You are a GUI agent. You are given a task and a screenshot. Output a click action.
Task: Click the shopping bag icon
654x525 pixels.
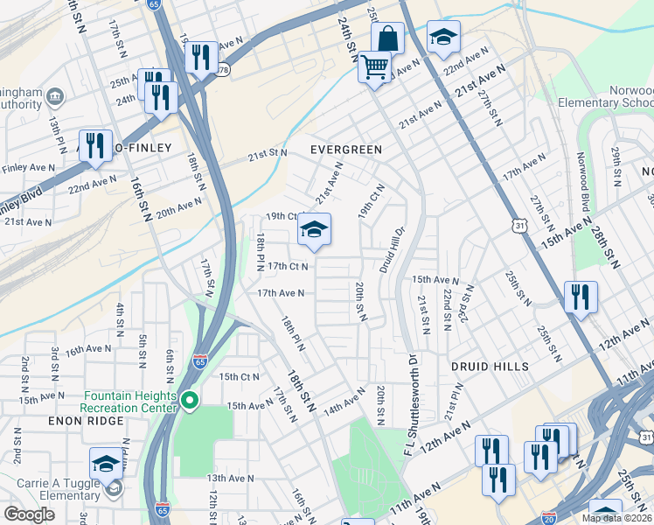click(x=387, y=39)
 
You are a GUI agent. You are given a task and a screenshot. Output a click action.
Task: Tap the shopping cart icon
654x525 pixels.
click(x=374, y=66)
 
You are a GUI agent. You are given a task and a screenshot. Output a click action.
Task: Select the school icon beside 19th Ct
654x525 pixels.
click(x=314, y=231)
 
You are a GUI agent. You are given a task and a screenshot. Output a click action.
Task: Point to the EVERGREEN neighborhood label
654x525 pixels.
click(x=347, y=150)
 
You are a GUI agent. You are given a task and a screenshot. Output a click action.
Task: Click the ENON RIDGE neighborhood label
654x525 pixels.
click(x=36, y=422)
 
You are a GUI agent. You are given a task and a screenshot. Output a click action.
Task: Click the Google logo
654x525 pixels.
click(x=29, y=514)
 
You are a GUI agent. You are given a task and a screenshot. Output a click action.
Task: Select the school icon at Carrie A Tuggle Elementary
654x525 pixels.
click(x=107, y=465)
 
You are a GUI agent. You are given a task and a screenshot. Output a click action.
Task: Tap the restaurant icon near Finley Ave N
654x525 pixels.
click(x=95, y=146)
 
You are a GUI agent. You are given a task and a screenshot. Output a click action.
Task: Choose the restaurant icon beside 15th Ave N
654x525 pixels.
click(x=580, y=298)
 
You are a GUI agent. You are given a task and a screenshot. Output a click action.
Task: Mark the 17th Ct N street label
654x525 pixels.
click(x=289, y=266)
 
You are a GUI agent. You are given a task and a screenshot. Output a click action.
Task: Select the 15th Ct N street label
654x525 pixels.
click(x=240, y=377)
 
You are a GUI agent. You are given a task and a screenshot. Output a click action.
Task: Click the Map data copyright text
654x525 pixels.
click(x=616, y=518)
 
